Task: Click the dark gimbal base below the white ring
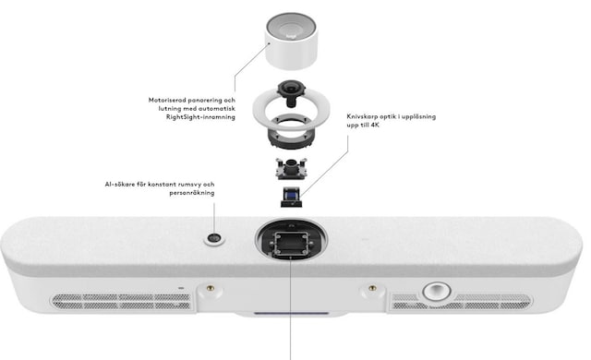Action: tap(290, 134)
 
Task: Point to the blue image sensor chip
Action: tap(291, 195)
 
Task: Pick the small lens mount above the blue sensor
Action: tap(291, 168)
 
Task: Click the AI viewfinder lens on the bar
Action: tap(214, 238)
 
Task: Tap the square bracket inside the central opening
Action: tap(292, 244)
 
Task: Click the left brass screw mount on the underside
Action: tap(210, 288)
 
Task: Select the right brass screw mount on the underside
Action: tap(372, 288)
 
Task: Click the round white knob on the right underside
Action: tap(437, 291)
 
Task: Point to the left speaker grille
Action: tap(121, 301)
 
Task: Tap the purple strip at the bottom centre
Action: tap(291, 312)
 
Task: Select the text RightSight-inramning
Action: tap(200, 117)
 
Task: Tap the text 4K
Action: tap(374, 125)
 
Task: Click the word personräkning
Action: tap(192, 193)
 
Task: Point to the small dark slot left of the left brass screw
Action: tap(181, 288)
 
